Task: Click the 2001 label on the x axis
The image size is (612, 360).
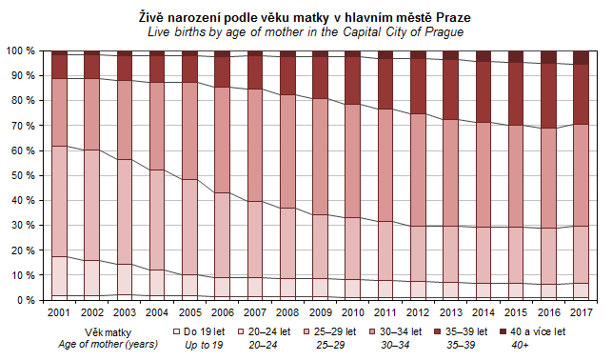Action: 58,312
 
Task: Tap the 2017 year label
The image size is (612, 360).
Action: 581,312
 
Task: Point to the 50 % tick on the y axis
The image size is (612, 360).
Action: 23,175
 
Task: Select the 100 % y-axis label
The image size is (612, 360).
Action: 20,50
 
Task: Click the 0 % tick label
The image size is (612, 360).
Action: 26,300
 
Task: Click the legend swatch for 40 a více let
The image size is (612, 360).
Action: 503,331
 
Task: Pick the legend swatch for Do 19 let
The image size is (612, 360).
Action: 176,331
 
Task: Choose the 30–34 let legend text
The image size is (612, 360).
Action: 401,331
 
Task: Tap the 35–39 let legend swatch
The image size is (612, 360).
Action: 438,331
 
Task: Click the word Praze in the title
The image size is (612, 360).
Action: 453,17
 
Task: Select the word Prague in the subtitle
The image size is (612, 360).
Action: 444,32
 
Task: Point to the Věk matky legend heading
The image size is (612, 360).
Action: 108,332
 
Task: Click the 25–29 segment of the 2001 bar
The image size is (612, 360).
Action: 59,202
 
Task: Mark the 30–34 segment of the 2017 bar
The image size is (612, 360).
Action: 581,175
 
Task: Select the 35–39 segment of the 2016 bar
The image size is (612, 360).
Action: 548,96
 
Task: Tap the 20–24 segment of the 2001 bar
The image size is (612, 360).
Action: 59,276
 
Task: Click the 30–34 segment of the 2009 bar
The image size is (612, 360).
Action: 320,156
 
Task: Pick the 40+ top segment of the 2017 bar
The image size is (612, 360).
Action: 581,58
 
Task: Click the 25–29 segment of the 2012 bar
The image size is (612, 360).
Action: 418,253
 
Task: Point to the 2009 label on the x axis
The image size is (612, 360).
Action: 321,312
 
